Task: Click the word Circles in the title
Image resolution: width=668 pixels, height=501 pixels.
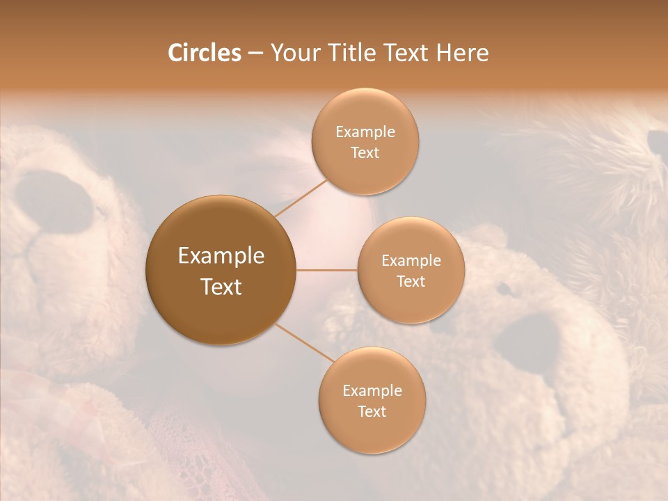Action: [205, 53]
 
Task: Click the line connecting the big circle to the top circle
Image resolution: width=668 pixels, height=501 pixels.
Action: [302, 197]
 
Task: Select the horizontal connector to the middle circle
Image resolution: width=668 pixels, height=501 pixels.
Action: [326, 270]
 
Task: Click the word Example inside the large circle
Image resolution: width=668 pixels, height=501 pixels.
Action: [221, 256]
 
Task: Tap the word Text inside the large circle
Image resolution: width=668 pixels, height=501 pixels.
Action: [221, 287]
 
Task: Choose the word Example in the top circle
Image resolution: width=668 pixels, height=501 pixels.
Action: [365, 132]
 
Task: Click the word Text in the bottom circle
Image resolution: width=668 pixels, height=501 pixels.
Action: [372, 411]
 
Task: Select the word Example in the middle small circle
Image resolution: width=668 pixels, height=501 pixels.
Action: [411, 261]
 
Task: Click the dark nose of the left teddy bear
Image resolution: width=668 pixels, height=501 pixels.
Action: [54, 201]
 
